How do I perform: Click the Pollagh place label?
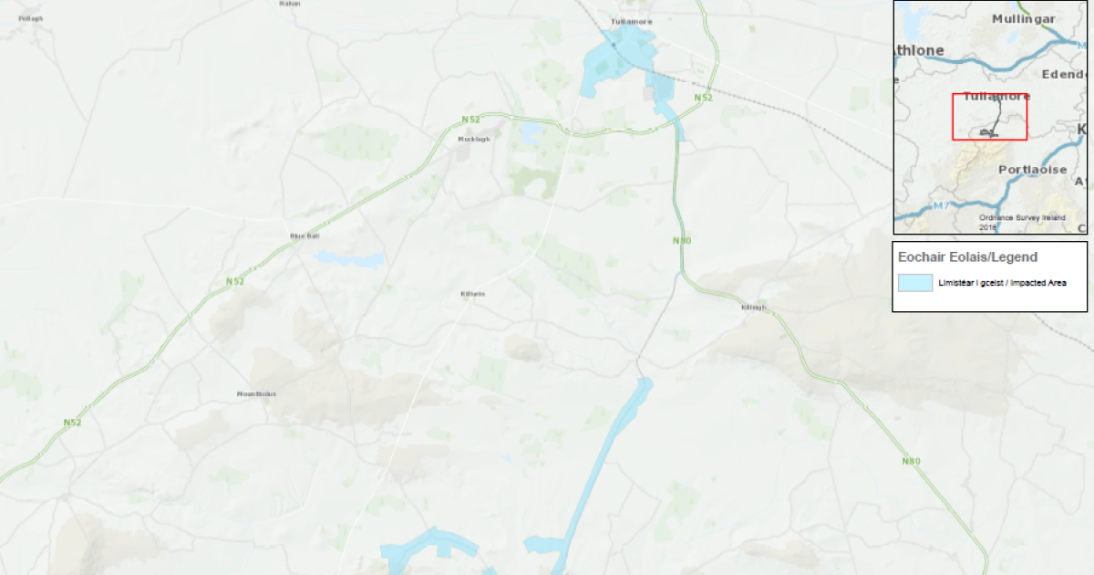click(30, 18)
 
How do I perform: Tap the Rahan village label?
click(290, 4)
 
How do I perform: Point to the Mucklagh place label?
click(473, 140)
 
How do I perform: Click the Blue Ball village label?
click(304, 235)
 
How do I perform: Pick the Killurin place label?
click(473, 294)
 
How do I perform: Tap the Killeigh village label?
click(756, 308)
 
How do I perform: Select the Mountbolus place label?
click(256, 394)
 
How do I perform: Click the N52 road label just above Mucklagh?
click(470, 119)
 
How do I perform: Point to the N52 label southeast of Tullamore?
click(702, 97)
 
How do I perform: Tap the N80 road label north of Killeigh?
click(682, 240)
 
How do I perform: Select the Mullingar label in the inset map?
click(1023, 19)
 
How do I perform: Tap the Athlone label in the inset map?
click(919, 50)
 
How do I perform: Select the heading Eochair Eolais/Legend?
click(967, 257)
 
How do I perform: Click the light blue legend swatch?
click(915, 283)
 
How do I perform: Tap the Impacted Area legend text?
click(1002, 283)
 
